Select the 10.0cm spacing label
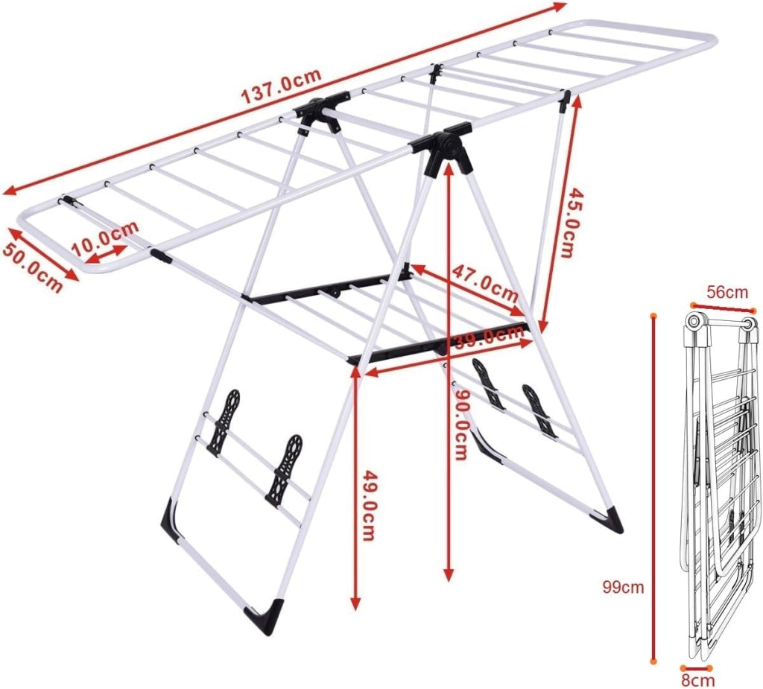coord(105,238)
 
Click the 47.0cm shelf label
coord(484,283)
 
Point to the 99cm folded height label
coord(624,587)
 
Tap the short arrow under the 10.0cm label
coord(107,255)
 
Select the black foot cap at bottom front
coord(265,617)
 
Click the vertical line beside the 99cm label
coord(653,489)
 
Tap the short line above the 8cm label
coord(697,668)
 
